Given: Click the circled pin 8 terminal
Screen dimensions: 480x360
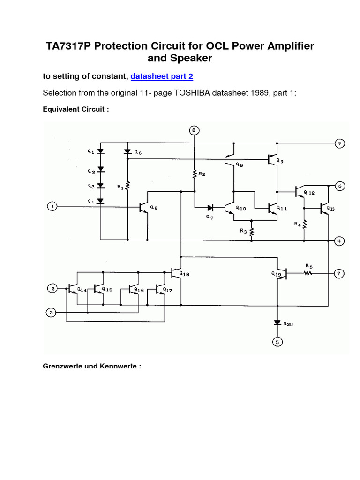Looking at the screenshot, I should tap(194, 130).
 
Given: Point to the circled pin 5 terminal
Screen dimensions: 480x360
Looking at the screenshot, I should tap(277, 342).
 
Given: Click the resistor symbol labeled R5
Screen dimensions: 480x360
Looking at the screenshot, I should tap(308, 272).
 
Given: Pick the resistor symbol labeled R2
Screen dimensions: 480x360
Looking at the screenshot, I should tap(194, 174).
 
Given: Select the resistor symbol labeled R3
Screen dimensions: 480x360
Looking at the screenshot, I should tap(252, 232).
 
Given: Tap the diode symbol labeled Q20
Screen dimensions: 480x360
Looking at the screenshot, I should tap(277, 323).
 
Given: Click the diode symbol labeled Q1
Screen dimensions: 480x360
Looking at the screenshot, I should tap(100, 152).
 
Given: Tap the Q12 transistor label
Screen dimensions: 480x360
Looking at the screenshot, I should tap(309, 192).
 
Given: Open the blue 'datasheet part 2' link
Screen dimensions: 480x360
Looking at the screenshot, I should tap(162, 76).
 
